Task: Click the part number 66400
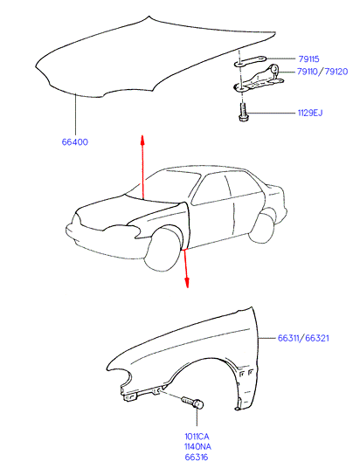[x=75, y=141]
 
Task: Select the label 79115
[x=308, y=59]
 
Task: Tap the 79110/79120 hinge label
[x=322, y=72]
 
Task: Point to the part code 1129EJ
[x=310, y=113]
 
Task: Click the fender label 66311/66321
[x=303, y=338]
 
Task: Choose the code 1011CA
[x=197, y=437]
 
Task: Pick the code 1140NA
[x=197, y=446]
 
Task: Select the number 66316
[x=197, y=457]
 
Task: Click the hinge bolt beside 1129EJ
[x=243, y=113]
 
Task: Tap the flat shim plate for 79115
[x=250, y=60]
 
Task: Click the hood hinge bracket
[x=259, y=79]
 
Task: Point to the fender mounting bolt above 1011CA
[x=193, y=403]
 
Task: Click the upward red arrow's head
[x=142, y=141]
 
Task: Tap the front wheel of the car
[x=163, y=250]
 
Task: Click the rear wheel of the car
[x=261, y=228]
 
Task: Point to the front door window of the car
[x=212, y=189]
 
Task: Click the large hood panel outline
[x=155, y=57]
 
